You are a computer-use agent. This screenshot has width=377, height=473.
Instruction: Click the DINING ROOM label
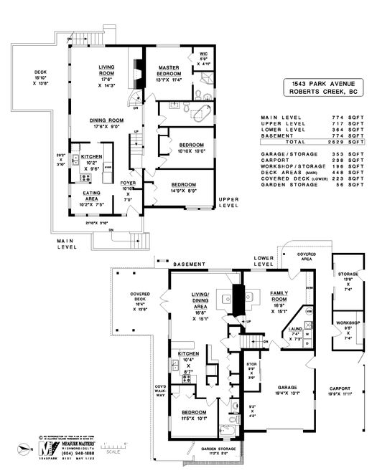pos(108,120)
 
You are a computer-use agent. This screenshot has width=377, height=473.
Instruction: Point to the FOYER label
pos(129,183)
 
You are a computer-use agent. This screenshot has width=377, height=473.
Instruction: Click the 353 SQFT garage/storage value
pos(340,153)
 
